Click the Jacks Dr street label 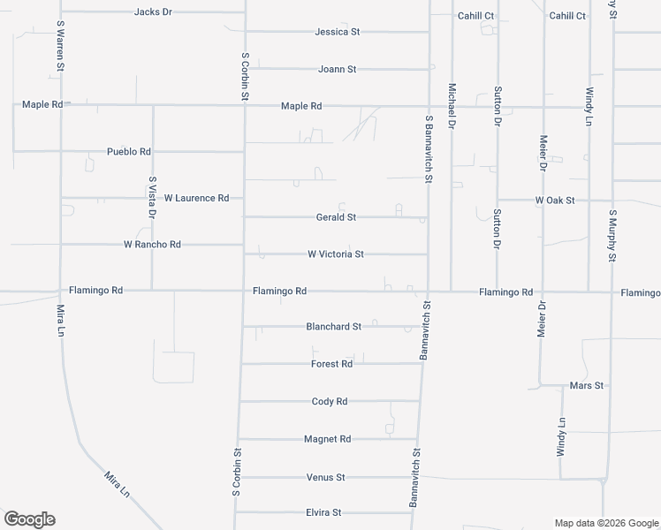[153, 12]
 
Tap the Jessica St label [338, 32]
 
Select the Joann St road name [338, 69]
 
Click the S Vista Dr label [152, 197]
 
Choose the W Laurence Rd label [196, 198]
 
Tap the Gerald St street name [336, 217]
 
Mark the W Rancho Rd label [152, 245]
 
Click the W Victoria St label [336, 254]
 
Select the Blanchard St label [333, 327]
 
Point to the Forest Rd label [331, 364]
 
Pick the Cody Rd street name [330, 402]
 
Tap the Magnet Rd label [327, 439]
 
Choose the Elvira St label [323, 513]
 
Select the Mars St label [587, 386]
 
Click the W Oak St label [555, 201]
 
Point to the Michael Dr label [452, 107]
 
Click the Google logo [29, 519]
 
